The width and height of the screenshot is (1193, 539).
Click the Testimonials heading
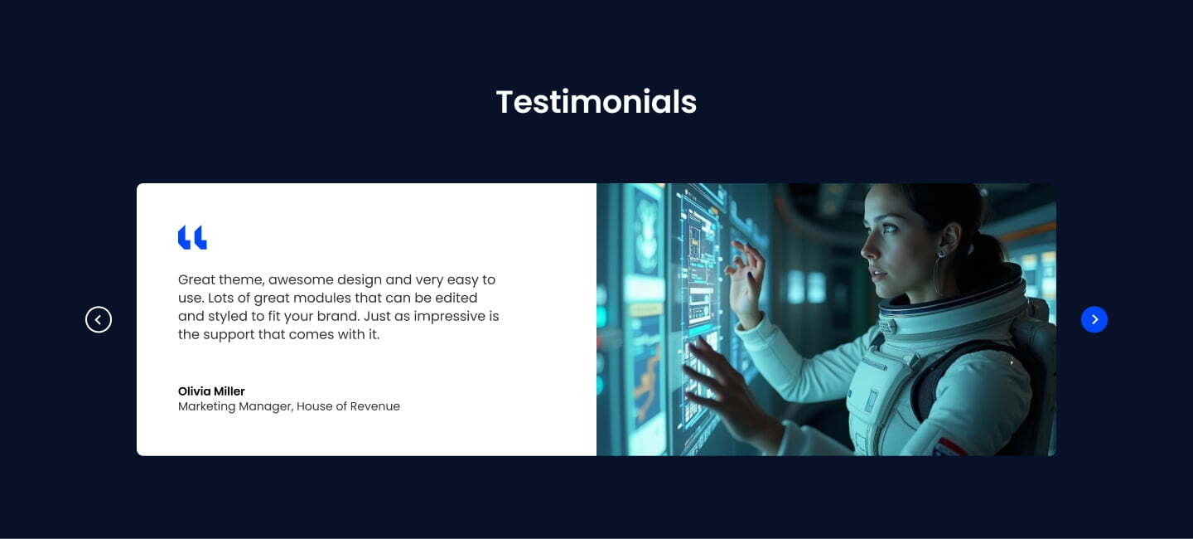click(596, 102)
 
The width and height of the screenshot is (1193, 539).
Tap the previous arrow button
click(99, 319)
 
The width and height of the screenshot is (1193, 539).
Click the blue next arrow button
click(1094, 319)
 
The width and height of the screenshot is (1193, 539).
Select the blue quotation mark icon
click(192, 237)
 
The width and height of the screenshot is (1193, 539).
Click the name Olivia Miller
click(211, 391)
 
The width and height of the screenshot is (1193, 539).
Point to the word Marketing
click(206, 407)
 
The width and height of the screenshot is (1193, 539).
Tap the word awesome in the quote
click(301, 280)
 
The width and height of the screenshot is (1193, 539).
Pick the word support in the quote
click(229, 335)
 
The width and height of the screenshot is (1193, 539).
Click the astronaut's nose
click(867, 247)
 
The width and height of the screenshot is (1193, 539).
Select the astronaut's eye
click(888, 228)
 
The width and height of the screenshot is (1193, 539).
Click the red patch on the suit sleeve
click(951, 447)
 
